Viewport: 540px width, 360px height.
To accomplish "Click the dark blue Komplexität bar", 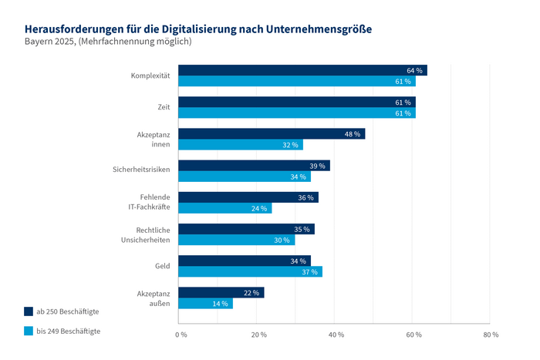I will [x=302, y=70].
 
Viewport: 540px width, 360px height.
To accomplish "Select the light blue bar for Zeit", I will [x=297, y=113].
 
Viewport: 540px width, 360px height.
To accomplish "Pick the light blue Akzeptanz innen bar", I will [x=241, y=144].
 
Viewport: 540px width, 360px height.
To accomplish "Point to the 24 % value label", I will [x=259, y=208].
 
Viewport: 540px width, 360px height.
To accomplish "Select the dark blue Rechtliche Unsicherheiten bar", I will [x=246, y=229].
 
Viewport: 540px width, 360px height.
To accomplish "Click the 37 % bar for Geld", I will [x=250, y=271].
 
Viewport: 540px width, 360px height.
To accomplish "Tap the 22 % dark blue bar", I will [x=221, y=293].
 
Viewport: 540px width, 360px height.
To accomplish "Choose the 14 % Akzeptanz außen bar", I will [x=205, y=304].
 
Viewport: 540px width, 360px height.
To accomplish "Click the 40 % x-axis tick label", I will [x=336, y=335].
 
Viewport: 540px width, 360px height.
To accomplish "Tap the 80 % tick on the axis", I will [x=491, y=335].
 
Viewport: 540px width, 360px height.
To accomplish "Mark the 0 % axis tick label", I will [x=181, y=335].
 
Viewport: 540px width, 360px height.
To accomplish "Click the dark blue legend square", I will [x=29, y=311].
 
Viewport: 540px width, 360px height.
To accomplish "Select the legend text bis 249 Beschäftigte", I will [x=68, y=331].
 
